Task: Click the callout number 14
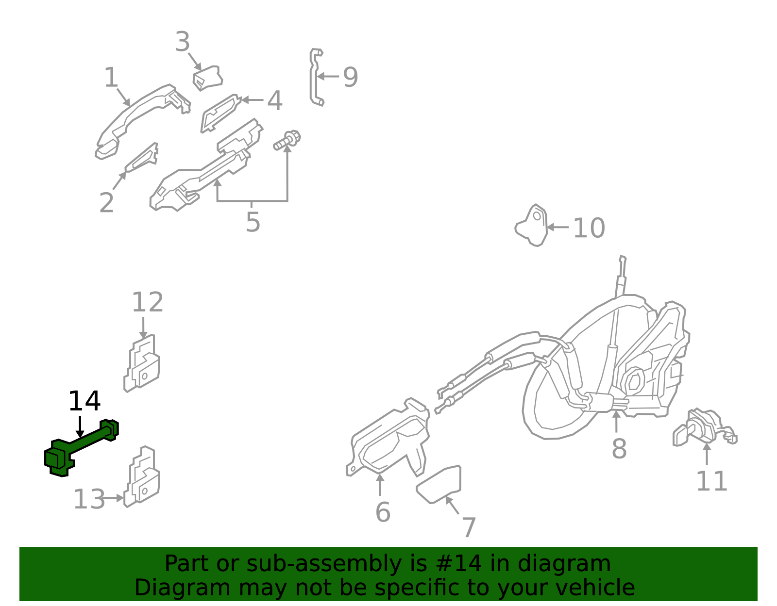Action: (84, 401)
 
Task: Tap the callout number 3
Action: (183, 42)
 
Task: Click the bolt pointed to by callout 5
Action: (287, 140)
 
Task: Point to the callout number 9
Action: (351, 77)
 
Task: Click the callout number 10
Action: (589, 228)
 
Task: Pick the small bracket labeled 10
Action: (531, 226)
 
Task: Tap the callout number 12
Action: (148, 302)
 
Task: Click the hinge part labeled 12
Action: (142, 363)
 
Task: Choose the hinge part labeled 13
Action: (142, 477)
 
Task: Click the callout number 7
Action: (469, 527)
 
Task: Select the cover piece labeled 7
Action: (439, 485)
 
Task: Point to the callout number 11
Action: (711, 481)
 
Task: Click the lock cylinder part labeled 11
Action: (705, 428)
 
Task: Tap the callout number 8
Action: (619, 448)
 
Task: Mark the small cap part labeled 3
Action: (207, 78)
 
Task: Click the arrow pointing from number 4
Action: (253, 100)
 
